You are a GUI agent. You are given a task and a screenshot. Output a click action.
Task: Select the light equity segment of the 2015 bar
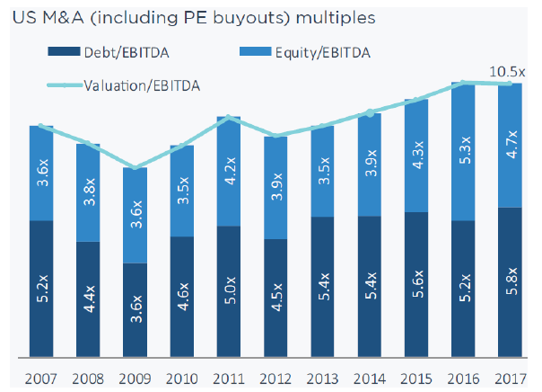tap(415, 155)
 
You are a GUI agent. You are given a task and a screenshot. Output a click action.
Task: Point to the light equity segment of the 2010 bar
tap(182, 191)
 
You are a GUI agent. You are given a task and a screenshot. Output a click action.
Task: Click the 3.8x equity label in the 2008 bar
tap(88, 192)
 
